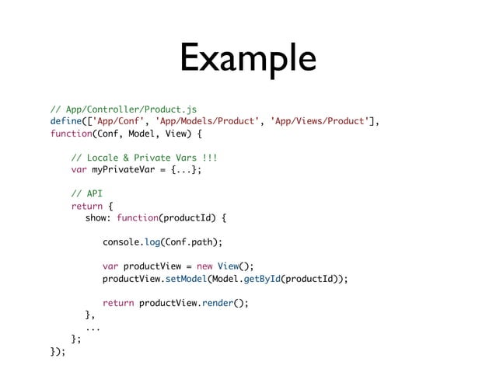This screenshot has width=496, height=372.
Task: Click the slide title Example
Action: coord(247,59)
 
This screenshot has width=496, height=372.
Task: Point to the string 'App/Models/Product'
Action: coord(207,121)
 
